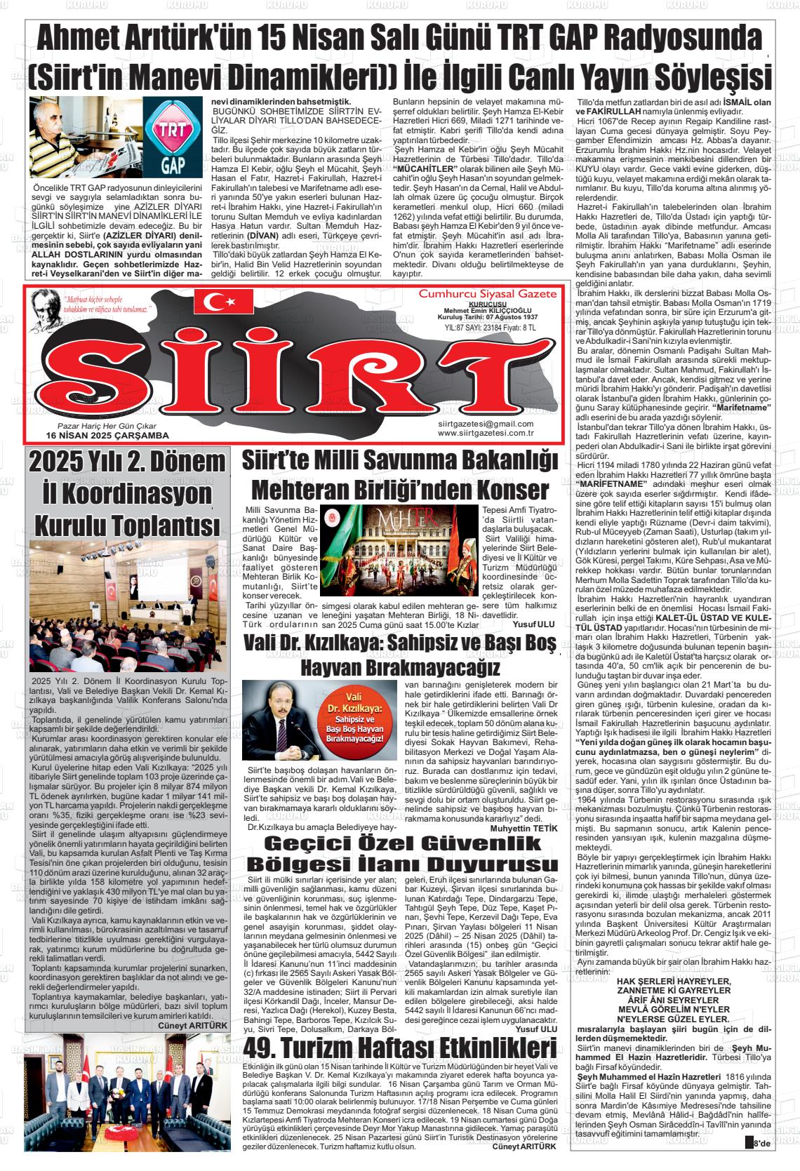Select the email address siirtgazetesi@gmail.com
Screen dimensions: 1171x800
(486, 424)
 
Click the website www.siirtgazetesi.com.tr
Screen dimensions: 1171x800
(486, 433)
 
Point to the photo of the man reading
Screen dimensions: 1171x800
(84, 138)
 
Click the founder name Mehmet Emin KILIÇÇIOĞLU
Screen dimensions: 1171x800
(488, 311)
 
